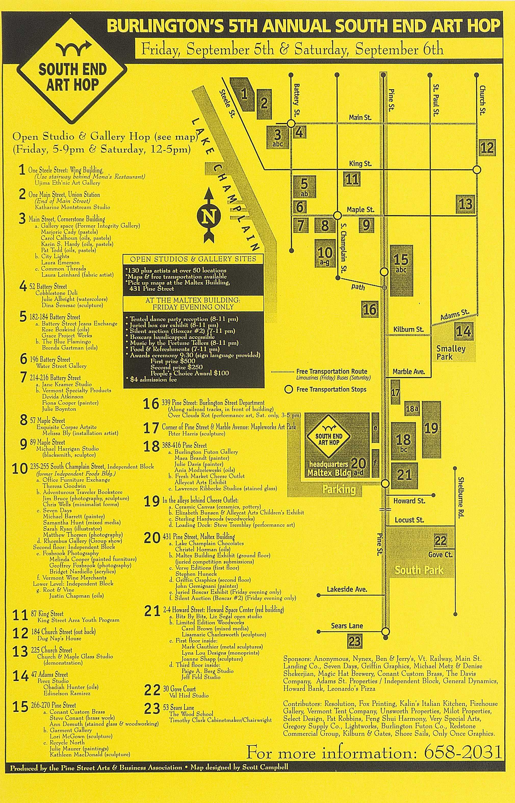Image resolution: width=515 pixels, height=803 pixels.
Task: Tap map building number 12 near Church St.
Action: coord(487,147)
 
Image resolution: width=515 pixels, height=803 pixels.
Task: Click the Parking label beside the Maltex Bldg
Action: coord(339,490)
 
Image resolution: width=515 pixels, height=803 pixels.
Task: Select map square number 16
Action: coord(369,309)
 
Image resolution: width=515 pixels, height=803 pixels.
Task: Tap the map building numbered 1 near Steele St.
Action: coord(244,94)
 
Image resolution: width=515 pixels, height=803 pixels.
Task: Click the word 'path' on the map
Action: coord(358,287)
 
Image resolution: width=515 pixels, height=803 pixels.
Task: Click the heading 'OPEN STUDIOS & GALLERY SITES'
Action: coord(193,259)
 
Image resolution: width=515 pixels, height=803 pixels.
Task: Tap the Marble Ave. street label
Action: coord(408,372)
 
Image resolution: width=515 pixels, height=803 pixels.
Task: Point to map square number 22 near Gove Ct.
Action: coord(440,541)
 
